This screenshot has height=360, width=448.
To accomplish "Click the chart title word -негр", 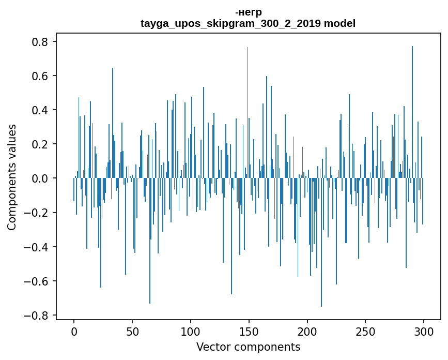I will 248,12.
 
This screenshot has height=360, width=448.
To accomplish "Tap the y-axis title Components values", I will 12,177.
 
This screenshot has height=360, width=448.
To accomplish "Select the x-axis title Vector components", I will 248,347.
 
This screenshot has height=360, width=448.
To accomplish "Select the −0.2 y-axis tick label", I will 38,213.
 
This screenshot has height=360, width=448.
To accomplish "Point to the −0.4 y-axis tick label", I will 38,247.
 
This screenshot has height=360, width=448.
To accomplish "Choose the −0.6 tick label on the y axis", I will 38,281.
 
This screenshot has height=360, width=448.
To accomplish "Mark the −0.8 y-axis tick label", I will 38,316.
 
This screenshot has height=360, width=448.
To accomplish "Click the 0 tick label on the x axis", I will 74,331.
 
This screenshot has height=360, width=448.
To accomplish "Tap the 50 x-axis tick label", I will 132,331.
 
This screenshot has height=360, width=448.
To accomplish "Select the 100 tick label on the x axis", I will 191,331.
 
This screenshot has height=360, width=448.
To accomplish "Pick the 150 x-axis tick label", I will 249,331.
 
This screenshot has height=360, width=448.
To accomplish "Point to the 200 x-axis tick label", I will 307,331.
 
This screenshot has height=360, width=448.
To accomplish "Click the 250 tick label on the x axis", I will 365,331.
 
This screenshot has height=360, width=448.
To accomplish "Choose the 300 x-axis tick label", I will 424,331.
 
